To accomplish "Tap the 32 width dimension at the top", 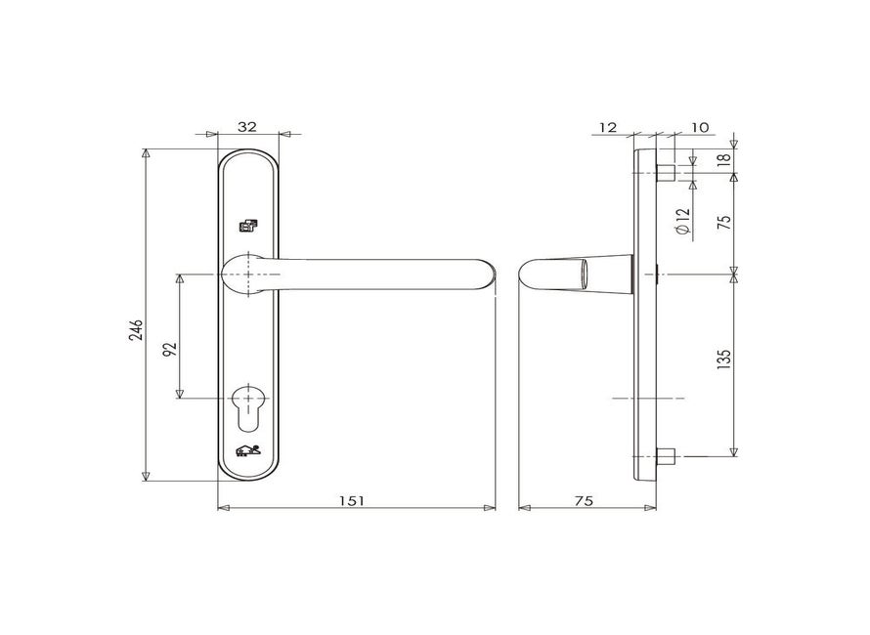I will pos(247,127).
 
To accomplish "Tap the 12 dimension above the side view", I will pos(607,127).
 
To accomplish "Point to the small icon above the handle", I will pos(249,226).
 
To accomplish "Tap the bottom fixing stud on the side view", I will pos(667,456).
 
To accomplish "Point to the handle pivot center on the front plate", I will pos(249,274).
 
